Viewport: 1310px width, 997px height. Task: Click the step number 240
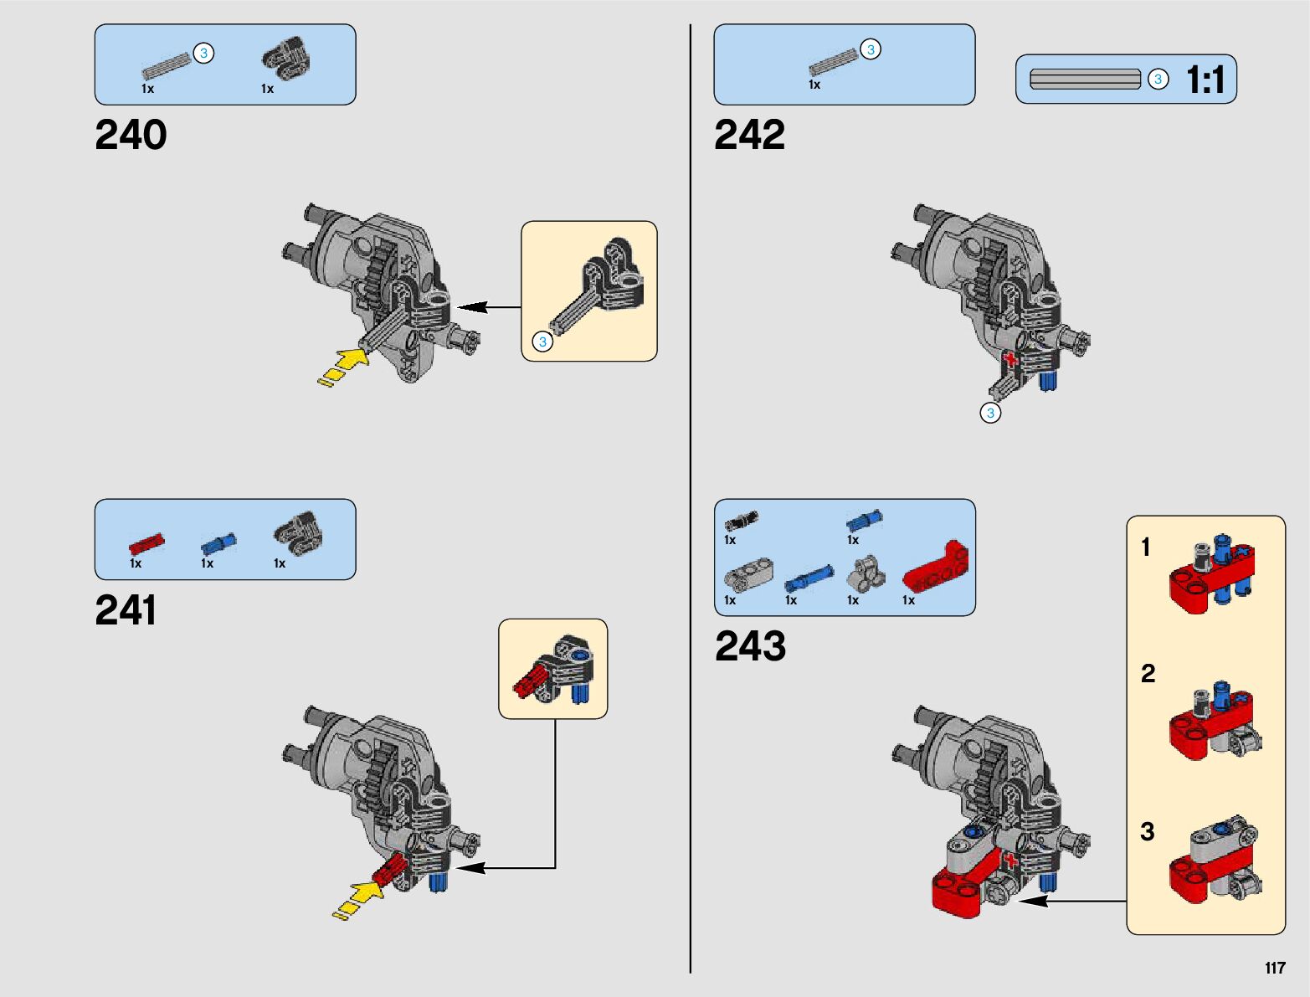pos(131,135)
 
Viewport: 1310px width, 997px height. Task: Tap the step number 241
pos(126,610)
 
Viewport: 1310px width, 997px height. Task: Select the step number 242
pos(749,135)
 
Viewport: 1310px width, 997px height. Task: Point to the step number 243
pos(750,646)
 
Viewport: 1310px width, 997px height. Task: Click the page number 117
pos(1274,969)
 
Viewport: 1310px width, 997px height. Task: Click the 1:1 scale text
pos(1205,80)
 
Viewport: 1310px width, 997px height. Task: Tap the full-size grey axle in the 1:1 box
pos(1085,80)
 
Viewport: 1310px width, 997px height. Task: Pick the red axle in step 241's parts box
pos(146,544)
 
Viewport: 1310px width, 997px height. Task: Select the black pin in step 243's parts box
pos(741,521)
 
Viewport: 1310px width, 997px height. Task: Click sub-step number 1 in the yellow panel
pos(1146,547)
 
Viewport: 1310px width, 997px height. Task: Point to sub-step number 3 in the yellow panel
pos(1147,831)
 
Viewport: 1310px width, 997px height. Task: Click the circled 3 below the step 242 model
pos(990,413)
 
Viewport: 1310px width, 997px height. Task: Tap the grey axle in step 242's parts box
pos(833,62)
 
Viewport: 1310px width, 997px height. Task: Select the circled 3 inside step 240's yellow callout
pos(542,342)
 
